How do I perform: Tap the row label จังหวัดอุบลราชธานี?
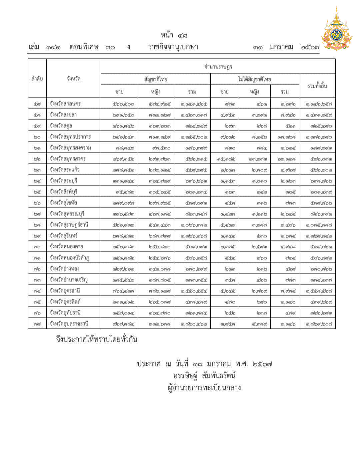click(69, 324)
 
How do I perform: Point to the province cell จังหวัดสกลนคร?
click(65, 104)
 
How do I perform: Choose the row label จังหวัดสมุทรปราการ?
click(70, 137)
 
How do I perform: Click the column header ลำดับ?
click(37, 79)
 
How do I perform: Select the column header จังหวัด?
click(74, 79)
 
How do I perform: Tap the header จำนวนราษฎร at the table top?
click(218, 66)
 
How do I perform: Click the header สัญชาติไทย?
click(156, 79)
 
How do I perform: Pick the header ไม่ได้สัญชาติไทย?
click(254, 79)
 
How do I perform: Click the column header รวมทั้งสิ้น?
click(317, 86)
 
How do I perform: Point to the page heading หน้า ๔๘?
click(174, 35)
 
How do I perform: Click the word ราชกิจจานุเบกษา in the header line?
click(173, 47)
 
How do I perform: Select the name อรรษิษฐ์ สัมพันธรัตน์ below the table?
click(204, 376)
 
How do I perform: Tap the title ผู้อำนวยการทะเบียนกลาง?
click(204, 388)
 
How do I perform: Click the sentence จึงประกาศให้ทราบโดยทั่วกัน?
click(97, 339)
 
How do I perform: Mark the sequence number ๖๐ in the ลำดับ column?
click(37, 137)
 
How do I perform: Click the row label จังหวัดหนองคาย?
click(66, 247)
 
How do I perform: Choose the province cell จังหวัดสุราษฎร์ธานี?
click(69, 225)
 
